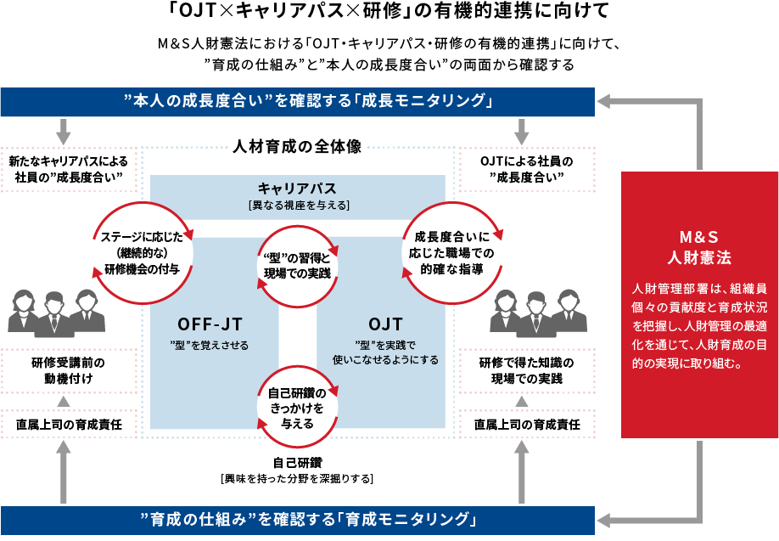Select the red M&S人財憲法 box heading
tap(699, 246)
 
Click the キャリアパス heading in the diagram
tap(297, 188)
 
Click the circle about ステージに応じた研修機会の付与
tap(139, 253)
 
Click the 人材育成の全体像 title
tap(297, 147)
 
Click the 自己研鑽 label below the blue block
tap(297, 463)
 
